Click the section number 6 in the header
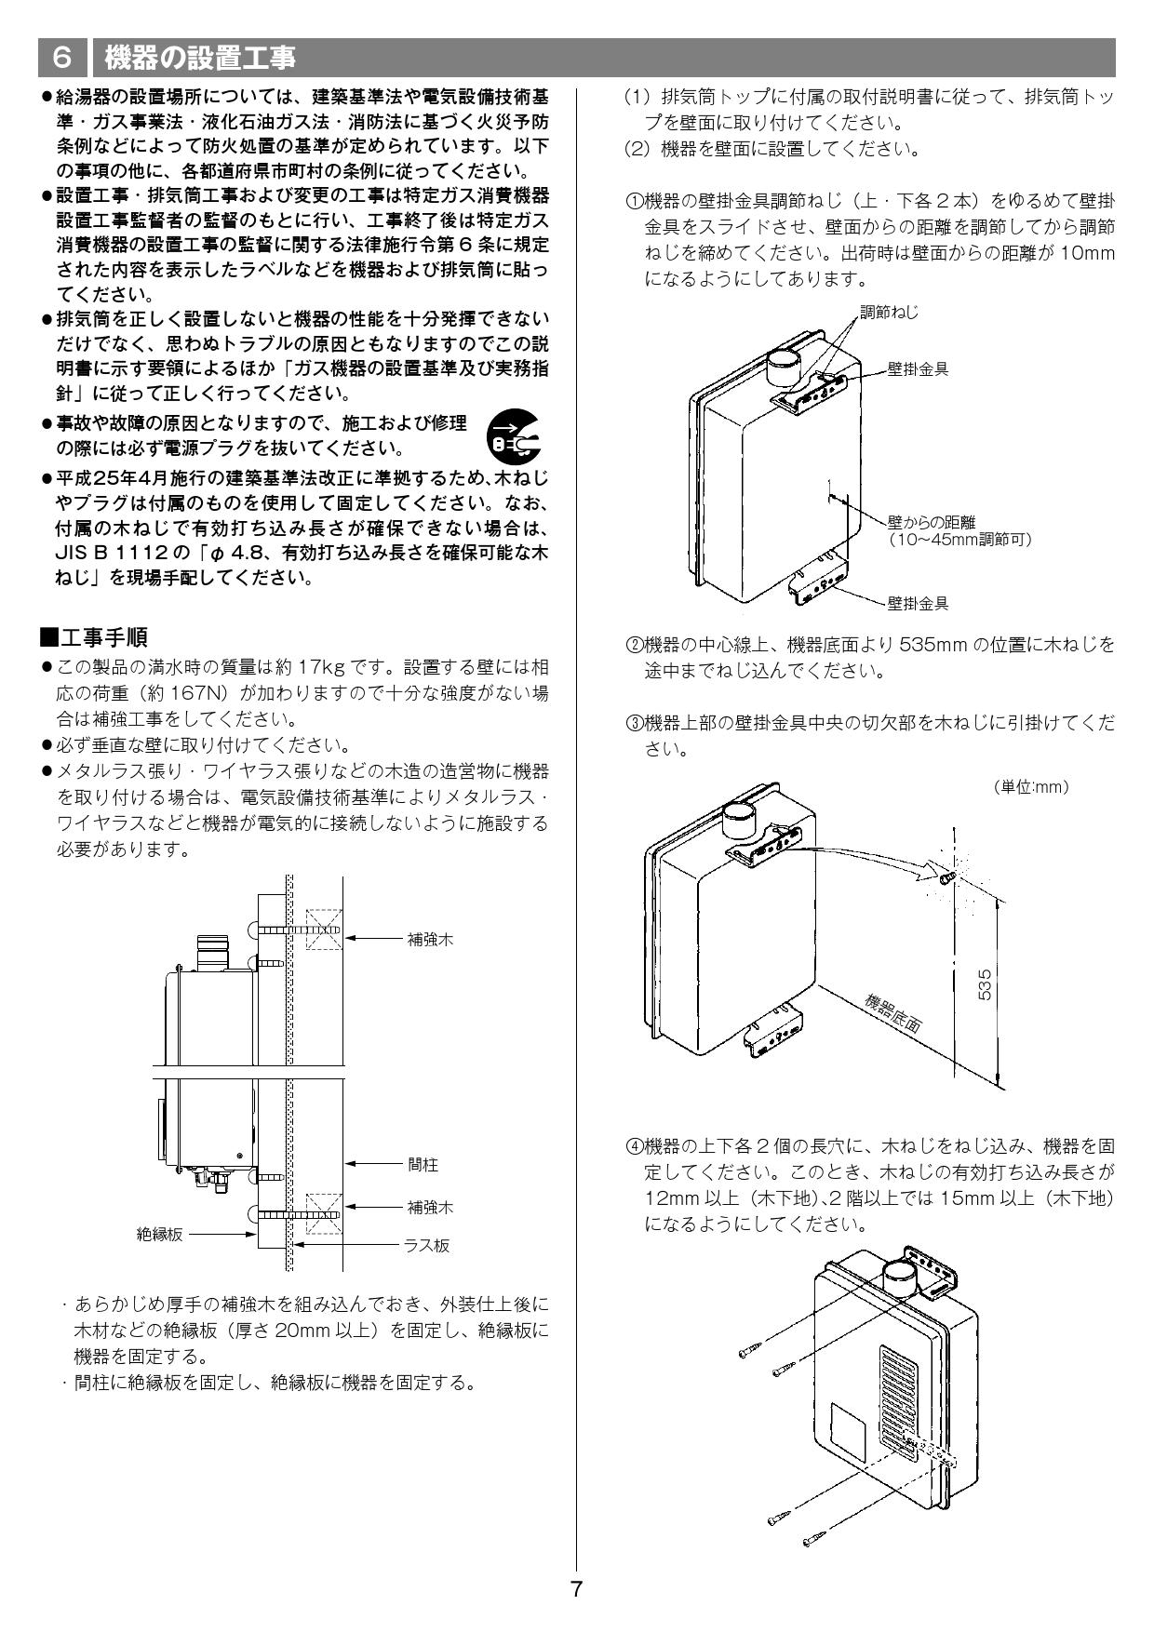[x=61, y=58]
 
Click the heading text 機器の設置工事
[x=199, y=58]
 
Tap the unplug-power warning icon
[x=514, y=435]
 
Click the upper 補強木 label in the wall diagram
[x=430, y=940]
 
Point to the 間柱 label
[x=423, y=1164]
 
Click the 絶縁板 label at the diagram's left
[x=160, y=1235]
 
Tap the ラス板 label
[x=426, y=1245]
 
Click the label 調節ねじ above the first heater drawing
[x=889, y=313]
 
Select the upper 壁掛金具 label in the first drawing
[x=918, y=369]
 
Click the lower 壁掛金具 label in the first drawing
[x=918, y=603]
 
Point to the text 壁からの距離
[x=931, y=523]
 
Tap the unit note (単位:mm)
[x=1031, y=787]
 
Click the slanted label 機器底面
[x=892, y=1015]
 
